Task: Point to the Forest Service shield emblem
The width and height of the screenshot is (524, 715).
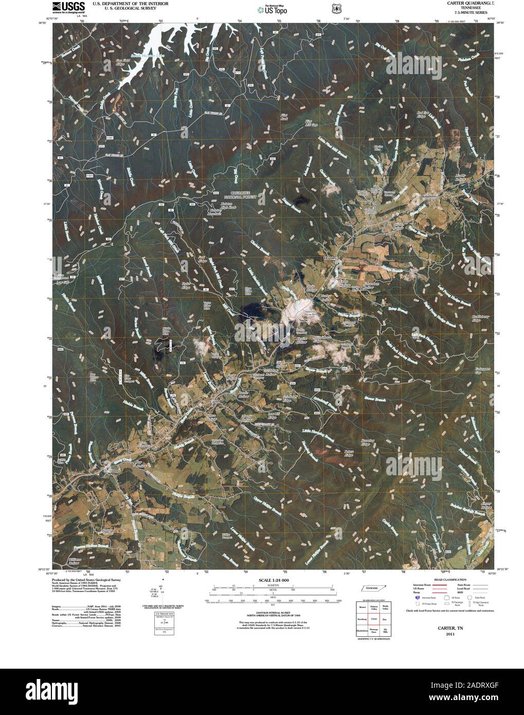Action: pyautogui.click(x=336, y=8)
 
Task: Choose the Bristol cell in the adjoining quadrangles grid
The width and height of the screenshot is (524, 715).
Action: pyautogui.click(x=362, y=607)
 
